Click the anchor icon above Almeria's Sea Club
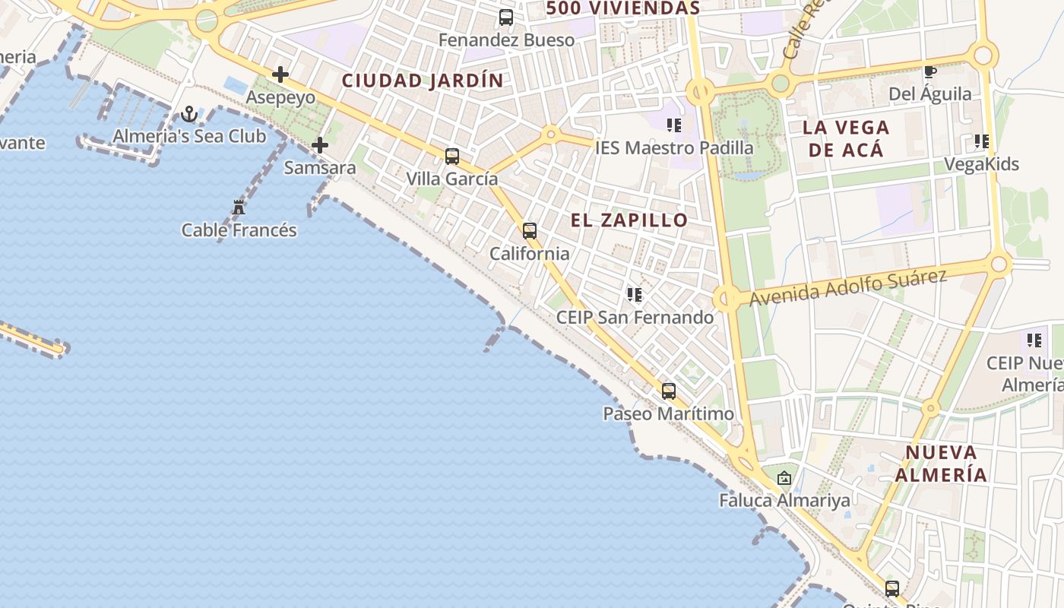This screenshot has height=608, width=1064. (x=189, y=115)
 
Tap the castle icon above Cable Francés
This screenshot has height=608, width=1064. (x=239, y=207)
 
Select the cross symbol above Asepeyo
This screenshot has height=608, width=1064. (x=280, y=74)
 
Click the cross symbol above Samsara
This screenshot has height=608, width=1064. (x=320, y=144)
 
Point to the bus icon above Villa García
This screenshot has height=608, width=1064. (x=452, y=157)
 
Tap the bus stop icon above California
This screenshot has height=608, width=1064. (x=530, y=231)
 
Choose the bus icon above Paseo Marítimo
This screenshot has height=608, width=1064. (x=669, y=391)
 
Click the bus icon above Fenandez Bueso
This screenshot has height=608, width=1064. (x=506, y=17)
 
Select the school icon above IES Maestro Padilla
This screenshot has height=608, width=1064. (x=674, y=125)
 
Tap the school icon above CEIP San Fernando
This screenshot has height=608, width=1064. (x=635, y=294)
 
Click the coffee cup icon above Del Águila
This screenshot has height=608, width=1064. (x=929, y=72)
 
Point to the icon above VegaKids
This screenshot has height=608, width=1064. (x=981, y=141)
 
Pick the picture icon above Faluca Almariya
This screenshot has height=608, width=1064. (x=784, y=478)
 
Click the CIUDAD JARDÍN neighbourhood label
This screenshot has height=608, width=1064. (x=423, y=81)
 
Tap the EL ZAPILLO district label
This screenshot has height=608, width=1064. (x=629, y=220)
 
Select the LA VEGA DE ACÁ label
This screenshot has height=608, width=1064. (x=846, y=138)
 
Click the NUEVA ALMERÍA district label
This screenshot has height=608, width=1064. (x=941, y=464)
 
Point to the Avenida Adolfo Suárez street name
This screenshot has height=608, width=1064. (x=847, y=288)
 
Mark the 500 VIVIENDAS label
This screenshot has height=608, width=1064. (x=622, y=8)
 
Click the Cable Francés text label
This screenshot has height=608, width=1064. (x=239, y=230)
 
